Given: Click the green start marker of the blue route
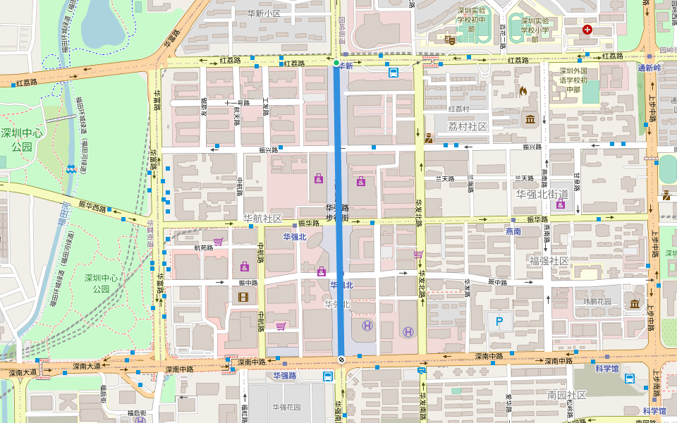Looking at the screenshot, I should tap(336, 63).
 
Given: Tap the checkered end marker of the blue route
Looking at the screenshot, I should tap(341, 360).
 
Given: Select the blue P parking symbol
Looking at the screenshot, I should tap(500, 322).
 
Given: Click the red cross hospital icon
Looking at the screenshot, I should tap(587, 30).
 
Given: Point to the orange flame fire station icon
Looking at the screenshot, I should tap(523, 91).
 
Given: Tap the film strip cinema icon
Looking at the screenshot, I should tap(243, 296).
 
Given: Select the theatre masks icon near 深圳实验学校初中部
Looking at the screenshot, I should tap(449, 41).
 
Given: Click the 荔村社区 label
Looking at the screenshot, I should tap(468, 126).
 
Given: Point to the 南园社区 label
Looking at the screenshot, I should tap(566, 395).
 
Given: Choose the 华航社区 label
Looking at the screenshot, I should tap(263, 219).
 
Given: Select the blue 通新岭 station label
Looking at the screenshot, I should tap(649, 68).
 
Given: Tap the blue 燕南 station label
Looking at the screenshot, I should tap(513, 231).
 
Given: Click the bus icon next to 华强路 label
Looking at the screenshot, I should tap(329, 376).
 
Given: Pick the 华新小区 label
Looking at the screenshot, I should tap(264, 13).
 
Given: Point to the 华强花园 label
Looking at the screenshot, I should tap(286, 407).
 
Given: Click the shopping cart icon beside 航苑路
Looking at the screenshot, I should tap(218, 241).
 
